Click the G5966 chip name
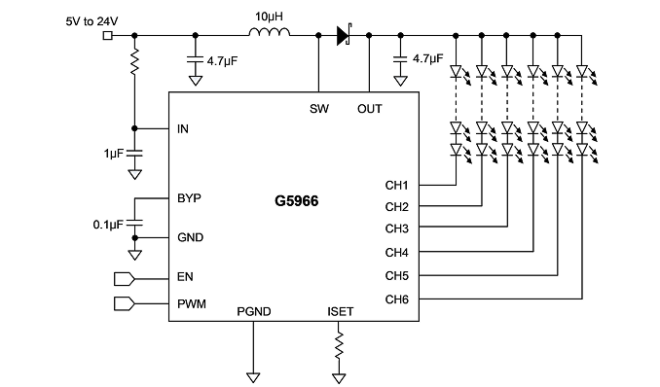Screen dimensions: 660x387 (x=296, y=201)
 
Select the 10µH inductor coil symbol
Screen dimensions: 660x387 (x=270, y=32)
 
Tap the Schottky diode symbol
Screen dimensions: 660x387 (x=344, y=35)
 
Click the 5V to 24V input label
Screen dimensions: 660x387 (x=92, y=21)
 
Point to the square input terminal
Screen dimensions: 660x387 (x=108, y=36)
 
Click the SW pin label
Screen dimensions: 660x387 (x=319, y=109)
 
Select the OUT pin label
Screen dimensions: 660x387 (x=370, y=109)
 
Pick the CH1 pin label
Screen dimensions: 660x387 (x=396, y=185)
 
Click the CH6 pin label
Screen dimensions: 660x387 (x=396, y=299)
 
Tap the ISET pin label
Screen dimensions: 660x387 (x=340, y=312)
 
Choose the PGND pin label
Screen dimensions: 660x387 (x=254, y=312)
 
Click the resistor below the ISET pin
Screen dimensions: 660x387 (x=339, y=346)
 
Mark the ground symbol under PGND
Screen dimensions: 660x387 (x=253, y=377)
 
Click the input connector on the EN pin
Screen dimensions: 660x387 (x=125, y=279)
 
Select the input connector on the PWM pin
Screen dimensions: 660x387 (x=125, y=303)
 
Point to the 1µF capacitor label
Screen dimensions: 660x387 (x=114, y=154)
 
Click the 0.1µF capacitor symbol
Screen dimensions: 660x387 (x=134, y=223)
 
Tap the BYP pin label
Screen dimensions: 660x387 (x=189, y=198)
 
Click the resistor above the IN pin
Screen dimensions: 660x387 (x=134, y=62)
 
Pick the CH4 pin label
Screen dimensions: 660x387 (x=396, y=253)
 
